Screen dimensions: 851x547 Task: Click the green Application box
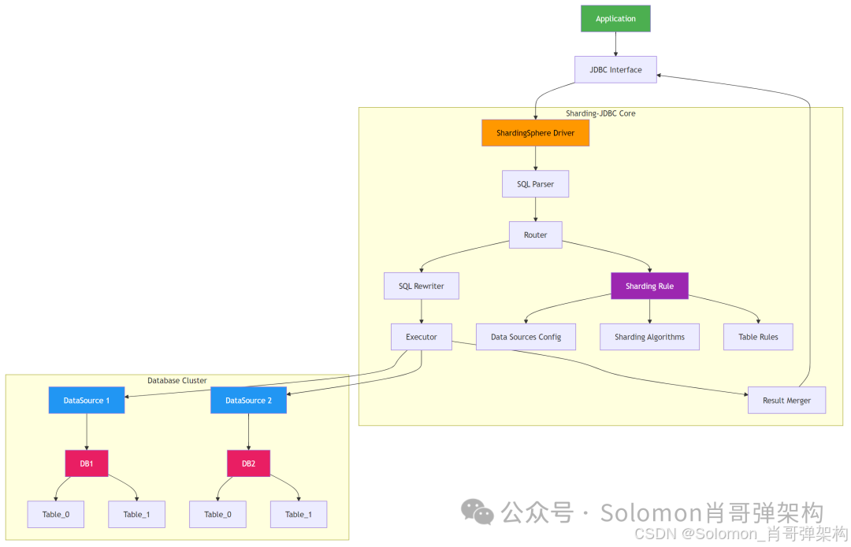[x=615, y=18]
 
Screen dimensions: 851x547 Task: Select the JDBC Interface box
[x=615, y=69]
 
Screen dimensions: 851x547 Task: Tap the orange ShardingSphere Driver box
[x=535, y=133]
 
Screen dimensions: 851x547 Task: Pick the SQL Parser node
[x=535, y=184]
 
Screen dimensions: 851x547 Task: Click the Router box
[x=535, y=235]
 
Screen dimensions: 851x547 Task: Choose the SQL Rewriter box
[x=421, y=286]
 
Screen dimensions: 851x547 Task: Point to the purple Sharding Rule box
[x=649, y=286]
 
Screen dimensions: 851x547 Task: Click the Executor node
[x=421, y=337]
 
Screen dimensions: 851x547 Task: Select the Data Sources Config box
[x=526, y=337]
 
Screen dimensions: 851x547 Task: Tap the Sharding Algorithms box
[x=649, y=337]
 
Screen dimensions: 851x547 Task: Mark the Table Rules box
[x=758, y=337]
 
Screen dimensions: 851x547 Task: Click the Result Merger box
[x=786, y=400]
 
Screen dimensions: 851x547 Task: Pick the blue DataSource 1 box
[x=87, y=400]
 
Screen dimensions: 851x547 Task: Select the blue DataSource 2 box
[x=248, y=400]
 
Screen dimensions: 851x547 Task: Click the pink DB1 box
[x=87, y=464]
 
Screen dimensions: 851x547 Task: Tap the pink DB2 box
[x=248, y=464]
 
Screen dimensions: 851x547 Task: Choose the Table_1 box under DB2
[x=299, y=515]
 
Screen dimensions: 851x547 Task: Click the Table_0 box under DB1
[x=56, y=515]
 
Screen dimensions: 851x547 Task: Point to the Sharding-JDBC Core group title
[x=600, y=113]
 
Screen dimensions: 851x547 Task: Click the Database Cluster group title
[x=177, y=381]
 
